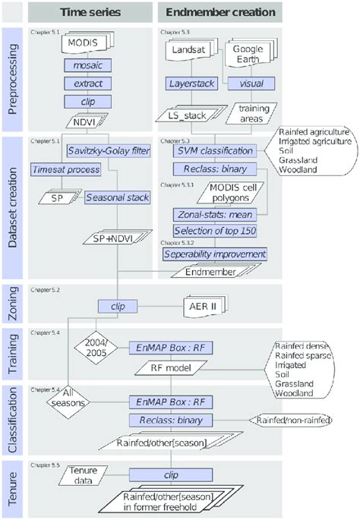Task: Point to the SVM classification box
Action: (216, 151)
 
